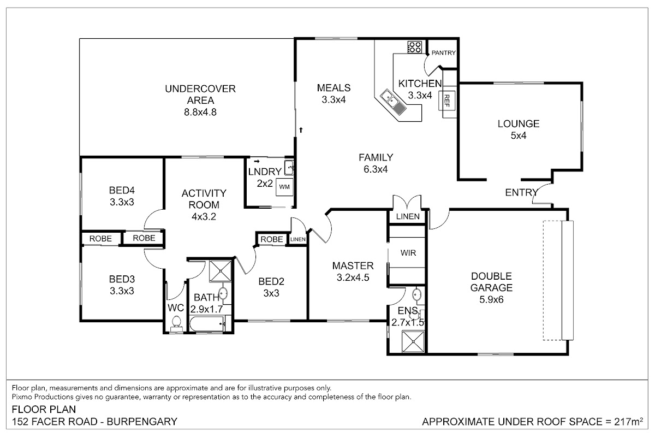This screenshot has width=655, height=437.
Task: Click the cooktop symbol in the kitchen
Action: (415, 47)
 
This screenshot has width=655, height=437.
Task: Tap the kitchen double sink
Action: (393, 103)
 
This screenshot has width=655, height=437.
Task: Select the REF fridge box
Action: (446, 101)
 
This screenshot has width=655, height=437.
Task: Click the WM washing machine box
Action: (284, 187)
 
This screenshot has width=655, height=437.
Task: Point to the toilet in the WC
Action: (176, 323)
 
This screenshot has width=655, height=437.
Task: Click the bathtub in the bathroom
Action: (207, 324)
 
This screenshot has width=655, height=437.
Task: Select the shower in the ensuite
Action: (413, 341)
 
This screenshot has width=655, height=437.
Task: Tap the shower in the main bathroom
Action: (220, 271)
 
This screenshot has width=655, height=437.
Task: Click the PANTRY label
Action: (444, 53)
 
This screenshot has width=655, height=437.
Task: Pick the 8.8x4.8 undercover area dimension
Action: (200, 112)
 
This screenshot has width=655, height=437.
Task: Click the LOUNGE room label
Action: (519, 124)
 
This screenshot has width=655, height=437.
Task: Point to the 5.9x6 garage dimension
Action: (492, 299)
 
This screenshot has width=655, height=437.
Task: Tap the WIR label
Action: (408, 253)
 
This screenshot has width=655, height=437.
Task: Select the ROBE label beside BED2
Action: (272, 239)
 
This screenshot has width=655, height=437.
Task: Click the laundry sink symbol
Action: (289, 168)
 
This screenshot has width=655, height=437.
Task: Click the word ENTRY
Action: (521, 192)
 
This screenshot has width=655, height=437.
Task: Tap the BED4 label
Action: (122, 190)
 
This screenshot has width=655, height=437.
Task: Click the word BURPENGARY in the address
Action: (142, 422)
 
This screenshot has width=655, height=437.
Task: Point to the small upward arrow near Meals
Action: (301, 130)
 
